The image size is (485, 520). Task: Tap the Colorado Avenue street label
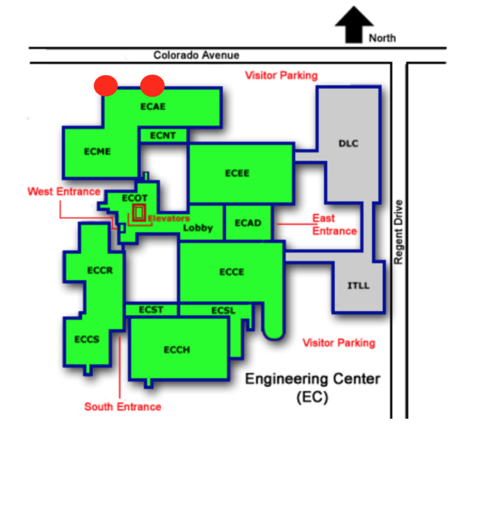click(x=196, y=56)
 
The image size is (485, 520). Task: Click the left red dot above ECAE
click(x=105, y=85)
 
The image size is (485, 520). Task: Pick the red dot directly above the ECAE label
click(x=152, y=85)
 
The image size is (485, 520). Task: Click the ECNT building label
click(x=163, y=135)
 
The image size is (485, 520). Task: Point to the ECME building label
click(x=97, y=151)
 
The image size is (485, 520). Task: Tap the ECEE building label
click(x=237, y=173)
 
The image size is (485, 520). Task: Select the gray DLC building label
click(x=348, y=143)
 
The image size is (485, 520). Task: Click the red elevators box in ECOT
click(x=139, y=212)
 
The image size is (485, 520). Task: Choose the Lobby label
click(x=198, y=228)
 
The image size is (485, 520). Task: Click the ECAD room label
click(x=248, y=223)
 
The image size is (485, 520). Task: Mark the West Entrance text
click(x=64, y=191)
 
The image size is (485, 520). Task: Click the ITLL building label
click(x=358, y=286)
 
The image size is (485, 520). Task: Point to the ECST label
click(x=151, y=309)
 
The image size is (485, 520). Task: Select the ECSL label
click(x=223, y=310)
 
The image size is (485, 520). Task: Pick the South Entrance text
click(x=123, y=406)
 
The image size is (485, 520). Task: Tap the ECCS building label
click(x=87, y=339)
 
